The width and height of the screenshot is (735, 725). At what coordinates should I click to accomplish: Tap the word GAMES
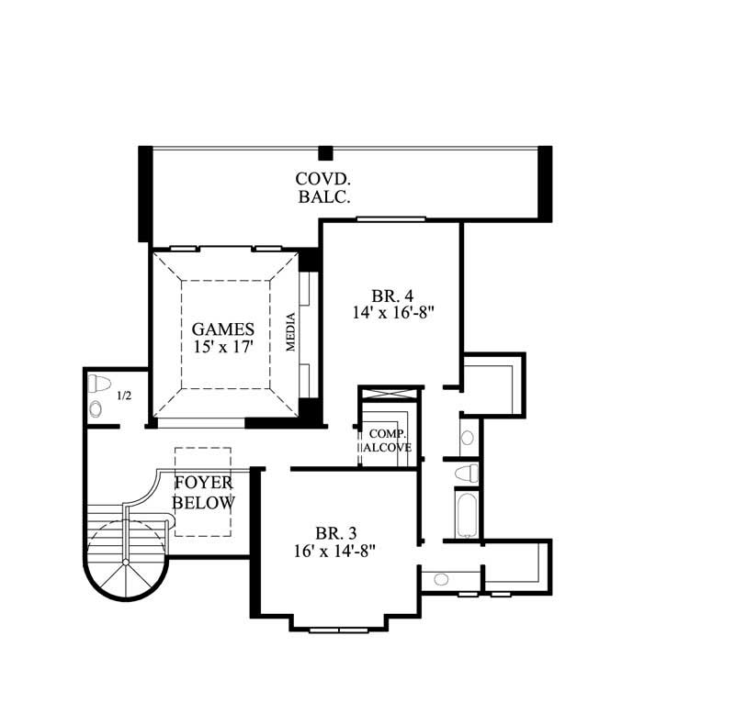[x=223, y=329]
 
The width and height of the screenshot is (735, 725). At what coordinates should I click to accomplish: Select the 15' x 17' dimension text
[x=223, y=347]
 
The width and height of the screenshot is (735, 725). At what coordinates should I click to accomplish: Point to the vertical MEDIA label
[x=291, y=332]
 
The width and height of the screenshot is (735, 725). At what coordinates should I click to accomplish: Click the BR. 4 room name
[x=392, y=296]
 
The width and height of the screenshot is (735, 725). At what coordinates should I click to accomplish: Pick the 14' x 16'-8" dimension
[x=392, y=313]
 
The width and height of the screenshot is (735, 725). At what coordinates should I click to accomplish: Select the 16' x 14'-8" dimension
[x=334, y=551]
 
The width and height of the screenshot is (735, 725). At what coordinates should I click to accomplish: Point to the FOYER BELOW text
[x=204, y=493]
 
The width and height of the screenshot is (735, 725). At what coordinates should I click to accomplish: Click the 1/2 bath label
[x=124, y=396]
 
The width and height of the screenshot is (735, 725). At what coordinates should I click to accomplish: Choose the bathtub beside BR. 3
[x=466, y=514]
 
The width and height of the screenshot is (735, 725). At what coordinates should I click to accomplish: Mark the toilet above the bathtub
[x=468, y=473]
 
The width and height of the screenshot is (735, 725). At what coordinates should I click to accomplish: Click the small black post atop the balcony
[x=324, y=152]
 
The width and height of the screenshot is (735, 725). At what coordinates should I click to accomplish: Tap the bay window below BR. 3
[x=338, y=629]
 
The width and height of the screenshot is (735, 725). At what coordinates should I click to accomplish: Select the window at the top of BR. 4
[x=390, y=218]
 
